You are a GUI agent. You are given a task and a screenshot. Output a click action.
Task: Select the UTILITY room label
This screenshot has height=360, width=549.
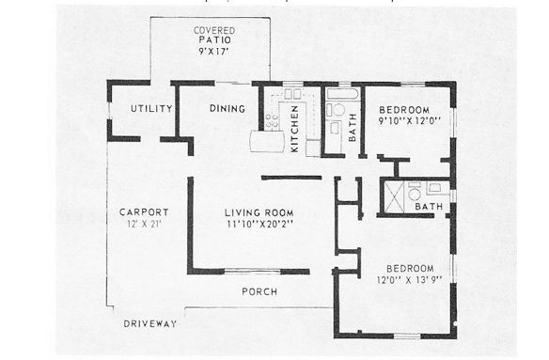point(151,109)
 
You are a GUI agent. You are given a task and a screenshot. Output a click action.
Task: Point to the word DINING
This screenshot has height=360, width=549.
point(226,109)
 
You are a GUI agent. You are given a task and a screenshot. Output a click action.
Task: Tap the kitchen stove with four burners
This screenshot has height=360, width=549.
point(272,120)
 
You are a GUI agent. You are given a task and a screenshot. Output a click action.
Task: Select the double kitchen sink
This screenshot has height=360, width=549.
point(292,94)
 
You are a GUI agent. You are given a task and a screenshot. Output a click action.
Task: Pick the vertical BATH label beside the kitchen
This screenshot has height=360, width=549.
point(353,127)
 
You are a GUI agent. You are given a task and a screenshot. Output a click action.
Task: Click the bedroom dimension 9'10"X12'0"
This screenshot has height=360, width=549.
point(409,120)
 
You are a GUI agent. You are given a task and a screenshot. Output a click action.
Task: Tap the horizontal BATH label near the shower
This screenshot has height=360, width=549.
point(429,207)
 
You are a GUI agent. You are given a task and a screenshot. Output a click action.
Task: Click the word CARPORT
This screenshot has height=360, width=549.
point(144,211)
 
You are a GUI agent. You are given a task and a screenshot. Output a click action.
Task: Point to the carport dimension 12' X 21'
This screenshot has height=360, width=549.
point(144,225)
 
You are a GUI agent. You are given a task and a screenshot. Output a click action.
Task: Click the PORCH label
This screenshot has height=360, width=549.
point(259,292)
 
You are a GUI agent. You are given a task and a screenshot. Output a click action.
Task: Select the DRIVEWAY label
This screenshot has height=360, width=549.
point(150,324)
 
